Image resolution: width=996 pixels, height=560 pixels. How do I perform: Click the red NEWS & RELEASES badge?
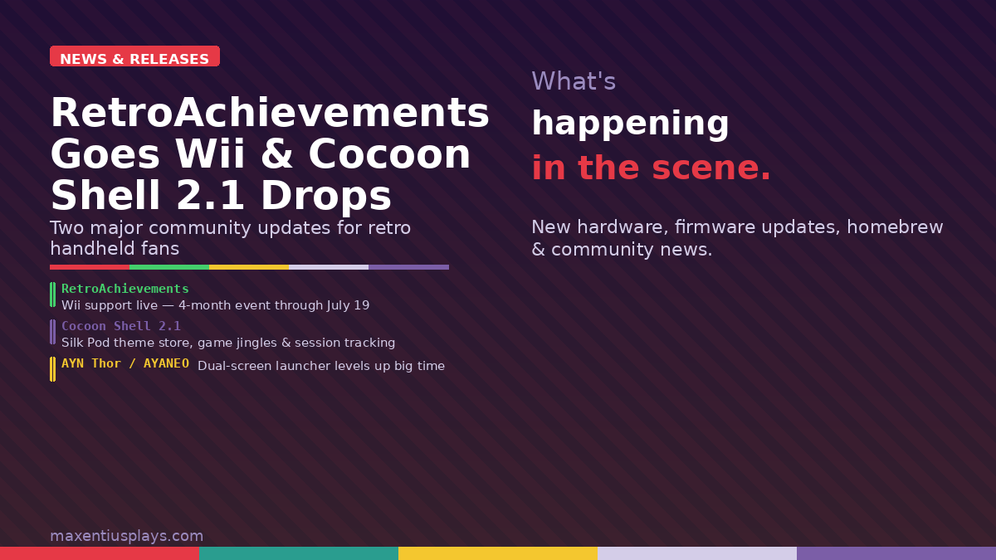pos(134,58)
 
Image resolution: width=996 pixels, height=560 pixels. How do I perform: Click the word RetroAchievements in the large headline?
pos(270,114)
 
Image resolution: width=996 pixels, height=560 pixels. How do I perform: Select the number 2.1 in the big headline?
pos(210,197)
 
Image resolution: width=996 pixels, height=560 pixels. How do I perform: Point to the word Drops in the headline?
pos(325,197)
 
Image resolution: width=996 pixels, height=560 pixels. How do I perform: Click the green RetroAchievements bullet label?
pos(125,289)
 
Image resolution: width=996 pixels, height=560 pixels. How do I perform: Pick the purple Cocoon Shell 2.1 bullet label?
pos(121,326)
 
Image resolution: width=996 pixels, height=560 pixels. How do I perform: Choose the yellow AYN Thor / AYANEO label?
pos(125,363)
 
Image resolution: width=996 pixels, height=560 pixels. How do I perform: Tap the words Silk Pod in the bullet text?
pos(85,343)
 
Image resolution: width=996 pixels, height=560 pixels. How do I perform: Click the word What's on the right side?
pos(574,81)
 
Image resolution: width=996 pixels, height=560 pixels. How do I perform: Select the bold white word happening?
pos(630,124)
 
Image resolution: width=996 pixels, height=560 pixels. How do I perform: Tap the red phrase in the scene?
pos(651,168)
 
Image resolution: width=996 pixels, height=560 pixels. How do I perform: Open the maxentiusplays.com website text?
pos(126,536)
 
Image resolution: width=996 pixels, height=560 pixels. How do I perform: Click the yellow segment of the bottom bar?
pos(498,553)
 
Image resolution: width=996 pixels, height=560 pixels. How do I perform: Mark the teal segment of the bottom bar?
pos(299,553)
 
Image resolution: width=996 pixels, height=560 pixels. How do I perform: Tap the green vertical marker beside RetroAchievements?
pos(53,295)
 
